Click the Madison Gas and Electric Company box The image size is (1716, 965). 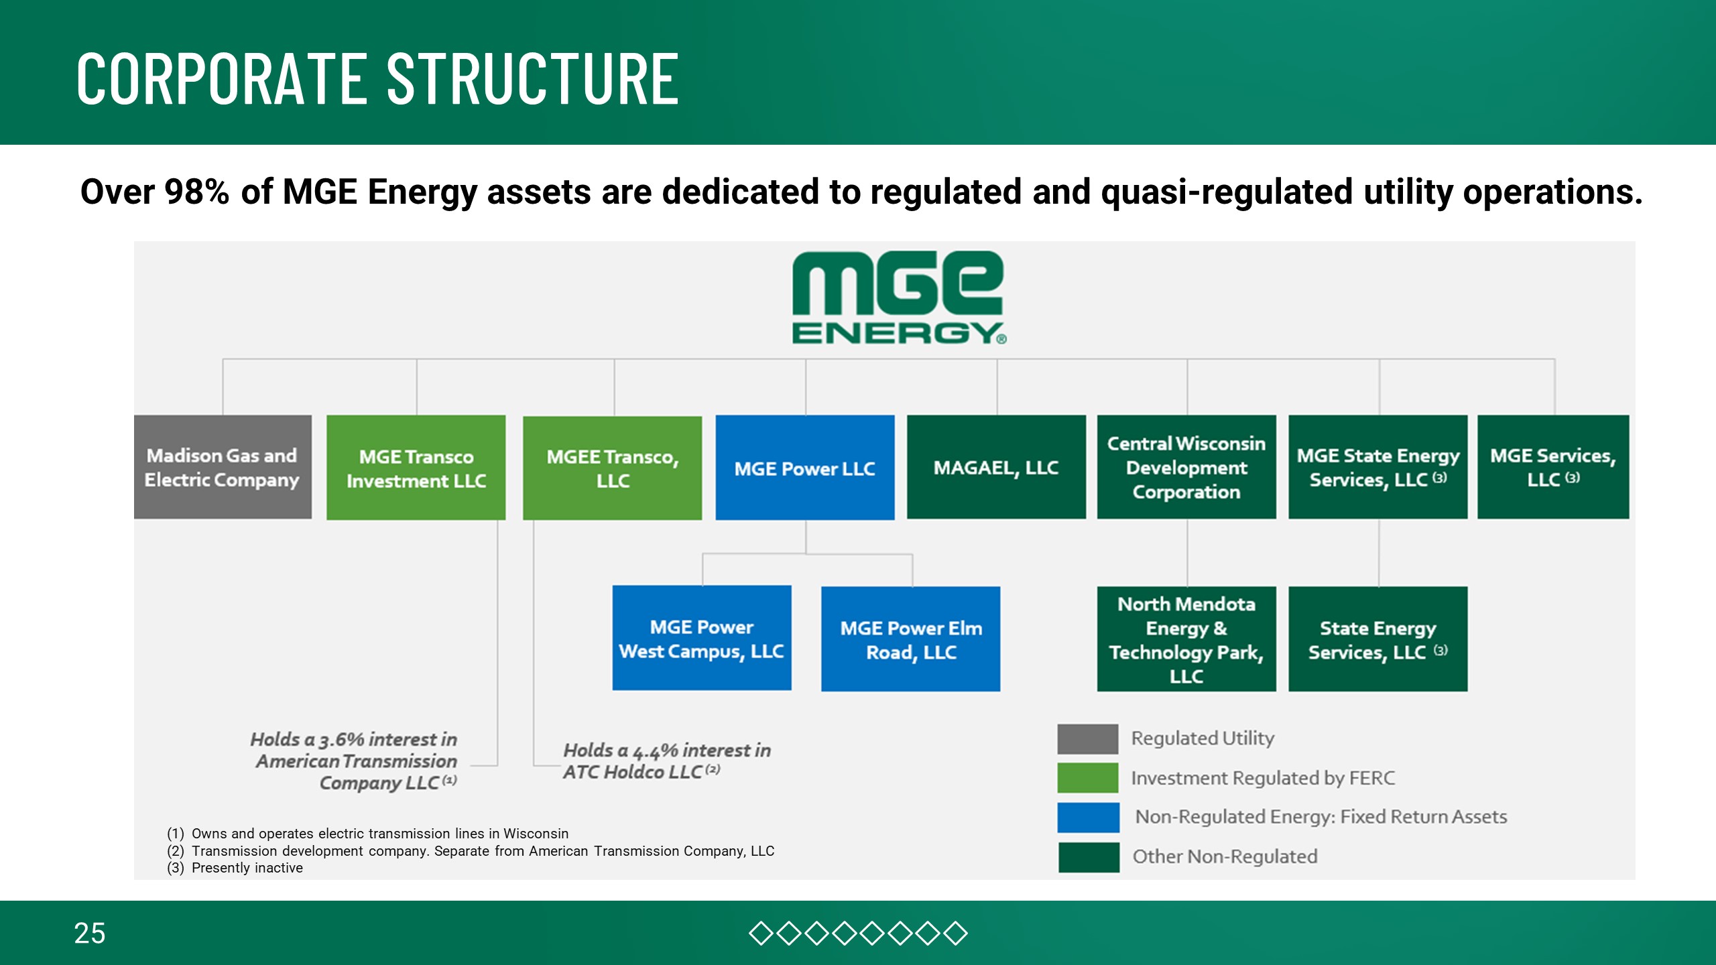223,467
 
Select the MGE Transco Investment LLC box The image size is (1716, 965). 416,468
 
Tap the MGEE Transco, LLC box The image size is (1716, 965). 612,468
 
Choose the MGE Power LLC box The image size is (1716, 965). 804,468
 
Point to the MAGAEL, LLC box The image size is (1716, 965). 996,467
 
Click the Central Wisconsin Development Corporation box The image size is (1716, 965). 1186,467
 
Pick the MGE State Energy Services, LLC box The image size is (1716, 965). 1377,467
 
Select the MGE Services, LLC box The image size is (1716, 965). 1553,467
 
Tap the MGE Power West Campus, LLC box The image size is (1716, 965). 701,638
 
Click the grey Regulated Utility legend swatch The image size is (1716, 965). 1087,738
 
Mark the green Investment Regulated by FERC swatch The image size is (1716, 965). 1087,777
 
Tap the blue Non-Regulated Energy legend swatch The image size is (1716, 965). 1087,817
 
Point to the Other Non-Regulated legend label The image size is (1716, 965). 1225,856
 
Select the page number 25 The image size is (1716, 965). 90,933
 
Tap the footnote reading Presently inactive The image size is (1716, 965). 247,868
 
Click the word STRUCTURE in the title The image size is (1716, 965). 533,79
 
